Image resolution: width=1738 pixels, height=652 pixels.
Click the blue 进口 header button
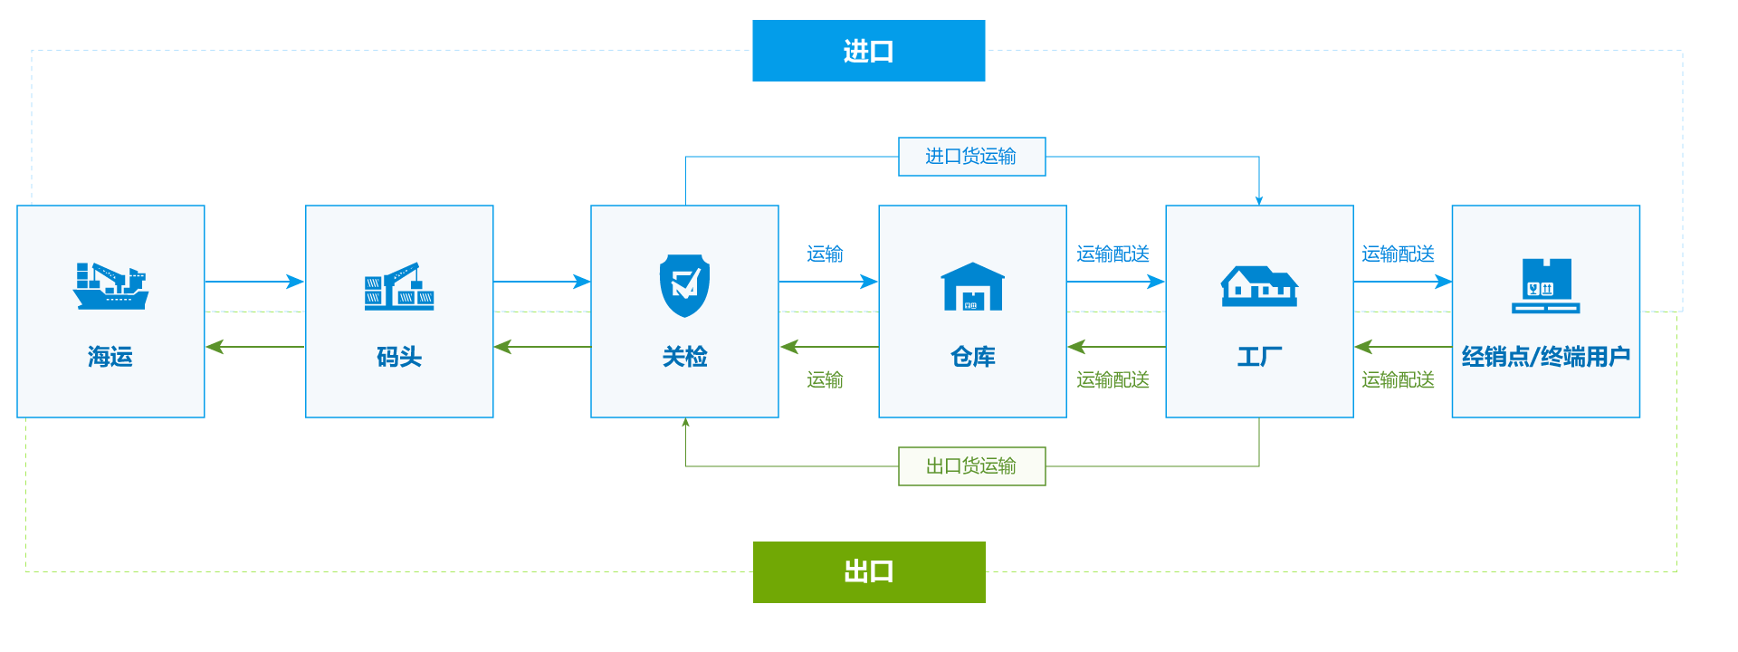(x=868, y=51)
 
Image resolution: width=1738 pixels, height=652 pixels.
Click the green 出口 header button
(x=868, y=571)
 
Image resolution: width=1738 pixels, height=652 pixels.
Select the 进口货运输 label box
(x=971, y=157)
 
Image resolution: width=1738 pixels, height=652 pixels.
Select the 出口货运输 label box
(x=971, y=466)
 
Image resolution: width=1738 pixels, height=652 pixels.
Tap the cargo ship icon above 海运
(x=110, y=285)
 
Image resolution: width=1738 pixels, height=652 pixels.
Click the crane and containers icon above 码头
(x=399, y=286)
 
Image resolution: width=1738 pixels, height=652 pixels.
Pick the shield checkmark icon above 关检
(x=684, y=285)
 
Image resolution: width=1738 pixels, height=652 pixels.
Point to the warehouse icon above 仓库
(x=972, y=286)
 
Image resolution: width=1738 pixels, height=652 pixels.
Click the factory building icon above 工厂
(x=1259, y=286)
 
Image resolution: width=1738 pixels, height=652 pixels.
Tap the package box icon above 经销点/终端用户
(x=1545, y=285)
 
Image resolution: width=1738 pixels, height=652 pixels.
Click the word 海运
(x=110, y=357)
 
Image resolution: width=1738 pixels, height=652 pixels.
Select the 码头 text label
(x=399, y=357)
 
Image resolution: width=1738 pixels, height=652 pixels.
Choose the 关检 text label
(x=684, y=357)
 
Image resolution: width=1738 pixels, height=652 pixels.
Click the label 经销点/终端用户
(x=1545, y=357)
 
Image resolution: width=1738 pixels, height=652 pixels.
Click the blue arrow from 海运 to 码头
(x=254, y=282)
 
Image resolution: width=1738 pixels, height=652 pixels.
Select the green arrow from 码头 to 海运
(x=254, y=347)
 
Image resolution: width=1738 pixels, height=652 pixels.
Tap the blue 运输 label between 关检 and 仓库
(x=825, y=254)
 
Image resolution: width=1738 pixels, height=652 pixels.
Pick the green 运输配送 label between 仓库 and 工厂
(x=1113, y=380)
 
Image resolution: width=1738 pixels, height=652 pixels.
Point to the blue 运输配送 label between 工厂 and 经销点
(x=1398, y=254)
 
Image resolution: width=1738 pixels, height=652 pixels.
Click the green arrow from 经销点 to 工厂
(x=1402, y=347)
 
